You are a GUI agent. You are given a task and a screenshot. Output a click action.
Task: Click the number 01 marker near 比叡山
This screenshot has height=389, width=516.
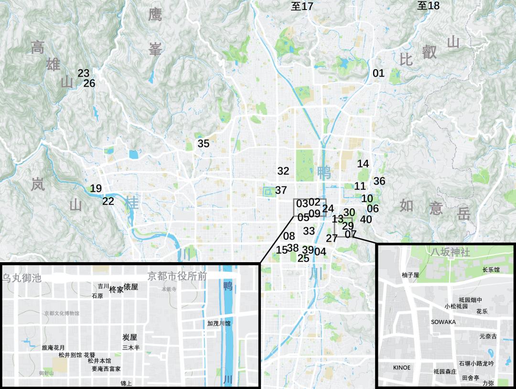378,73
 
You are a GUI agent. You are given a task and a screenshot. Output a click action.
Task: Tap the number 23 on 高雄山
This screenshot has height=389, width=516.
84,73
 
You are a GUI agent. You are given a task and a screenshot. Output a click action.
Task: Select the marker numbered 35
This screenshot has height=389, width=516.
204,144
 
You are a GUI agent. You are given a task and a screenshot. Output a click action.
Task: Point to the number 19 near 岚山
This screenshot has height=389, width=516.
96,189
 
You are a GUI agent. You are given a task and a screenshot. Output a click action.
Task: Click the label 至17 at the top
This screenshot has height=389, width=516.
302,6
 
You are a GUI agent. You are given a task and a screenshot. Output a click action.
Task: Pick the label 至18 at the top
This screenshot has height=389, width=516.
428,6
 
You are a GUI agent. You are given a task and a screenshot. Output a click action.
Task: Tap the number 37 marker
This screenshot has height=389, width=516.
281,190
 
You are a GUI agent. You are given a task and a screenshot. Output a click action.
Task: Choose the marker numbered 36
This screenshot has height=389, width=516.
379,181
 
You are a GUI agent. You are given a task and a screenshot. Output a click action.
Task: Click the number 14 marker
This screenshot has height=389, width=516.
363,164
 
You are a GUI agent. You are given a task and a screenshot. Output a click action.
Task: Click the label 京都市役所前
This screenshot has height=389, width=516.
177,276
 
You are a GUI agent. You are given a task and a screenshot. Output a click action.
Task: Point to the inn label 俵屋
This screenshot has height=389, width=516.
131,287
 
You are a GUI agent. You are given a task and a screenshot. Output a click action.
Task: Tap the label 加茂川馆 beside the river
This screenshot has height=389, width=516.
219,323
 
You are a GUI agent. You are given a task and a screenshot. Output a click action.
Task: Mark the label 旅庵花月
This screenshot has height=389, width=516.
54,348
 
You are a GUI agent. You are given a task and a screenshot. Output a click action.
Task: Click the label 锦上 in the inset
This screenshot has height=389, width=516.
126,383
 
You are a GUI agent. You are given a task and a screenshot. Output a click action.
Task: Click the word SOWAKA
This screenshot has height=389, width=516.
443,322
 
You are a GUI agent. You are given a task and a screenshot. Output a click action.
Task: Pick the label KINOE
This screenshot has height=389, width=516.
401,367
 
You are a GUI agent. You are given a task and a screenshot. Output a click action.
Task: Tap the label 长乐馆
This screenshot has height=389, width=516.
491,270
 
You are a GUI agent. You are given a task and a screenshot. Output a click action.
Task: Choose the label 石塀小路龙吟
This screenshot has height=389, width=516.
476,364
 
